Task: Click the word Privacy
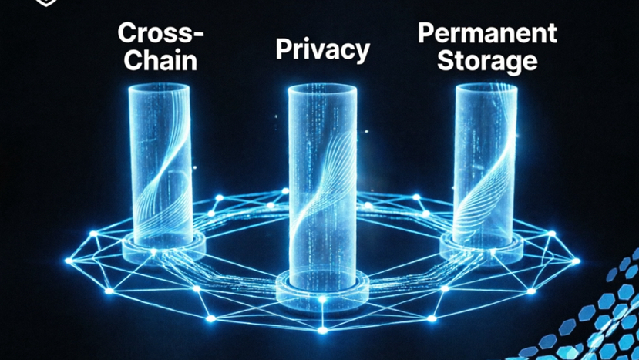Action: tap(323, 50)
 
